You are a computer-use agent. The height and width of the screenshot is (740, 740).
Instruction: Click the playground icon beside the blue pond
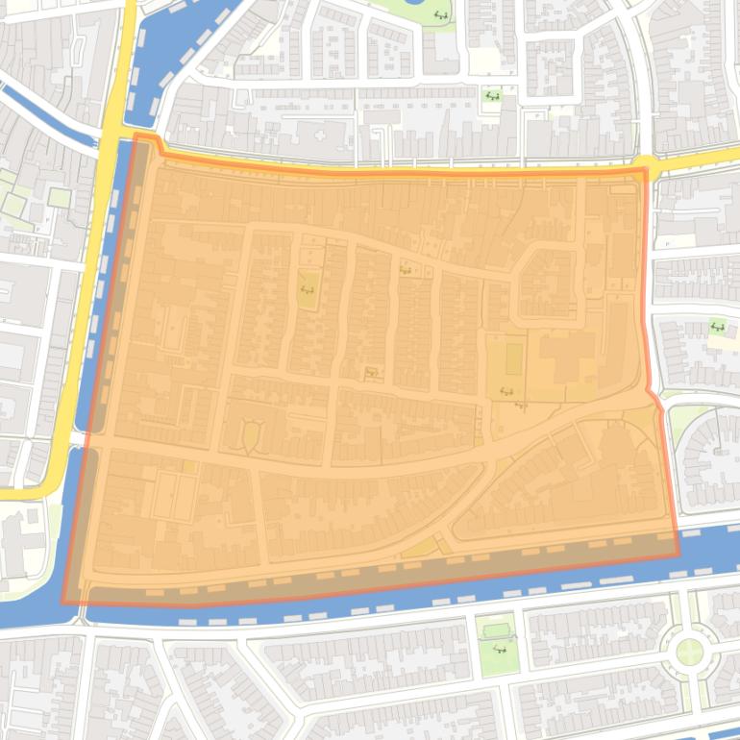click(441, 14)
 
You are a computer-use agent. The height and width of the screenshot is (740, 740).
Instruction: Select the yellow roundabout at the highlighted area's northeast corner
click(646, 167)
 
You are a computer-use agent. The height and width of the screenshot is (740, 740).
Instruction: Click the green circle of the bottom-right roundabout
click(689, 652)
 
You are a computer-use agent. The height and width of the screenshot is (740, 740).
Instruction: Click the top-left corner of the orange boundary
click(135, 136)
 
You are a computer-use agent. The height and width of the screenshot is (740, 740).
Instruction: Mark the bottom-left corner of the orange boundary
click(63, 604)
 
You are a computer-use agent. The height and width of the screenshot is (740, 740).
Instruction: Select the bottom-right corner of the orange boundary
click(678, 555)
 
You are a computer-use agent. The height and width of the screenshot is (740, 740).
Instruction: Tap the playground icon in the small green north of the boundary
click(492, 96)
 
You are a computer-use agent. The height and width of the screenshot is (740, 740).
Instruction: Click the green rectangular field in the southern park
click(497, 630)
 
